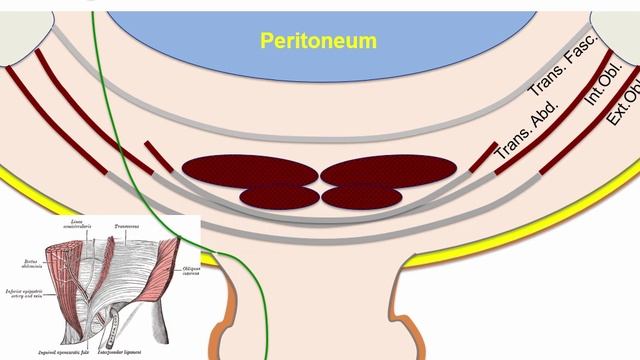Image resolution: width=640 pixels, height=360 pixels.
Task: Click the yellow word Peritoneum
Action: pos(318,41)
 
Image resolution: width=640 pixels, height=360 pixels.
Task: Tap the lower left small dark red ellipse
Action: pos(280,194)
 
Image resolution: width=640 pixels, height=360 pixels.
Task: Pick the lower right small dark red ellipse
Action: pos(358,194)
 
